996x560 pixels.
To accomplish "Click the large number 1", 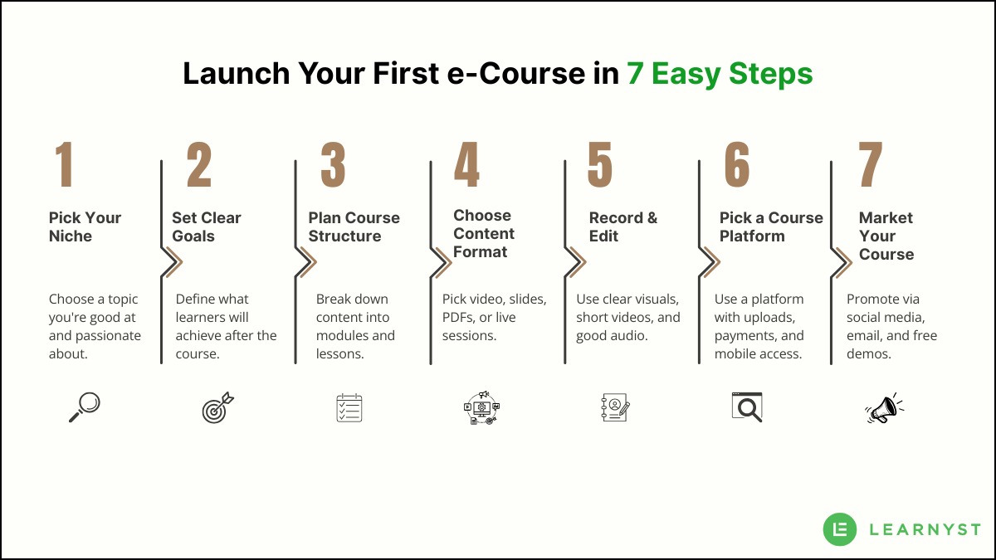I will pyautogui.click(x=65, y=164).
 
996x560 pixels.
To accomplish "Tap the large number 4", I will pyautogui.click(x=466, y=164).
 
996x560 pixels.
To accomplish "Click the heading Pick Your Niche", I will pyautogui.click(x=85, y=226).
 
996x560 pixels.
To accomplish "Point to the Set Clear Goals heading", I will pyautogui.click(x=206, y=226).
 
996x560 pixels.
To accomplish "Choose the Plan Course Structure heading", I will pyautogui.click(x=354, y=226).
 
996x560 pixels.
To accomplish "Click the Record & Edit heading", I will pyautogui.click(x=622, y=226).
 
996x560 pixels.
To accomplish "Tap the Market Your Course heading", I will pyautogui.click(x=886, y=236).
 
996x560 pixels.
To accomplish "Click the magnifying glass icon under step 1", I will pyautogui.click(x=84, y=407).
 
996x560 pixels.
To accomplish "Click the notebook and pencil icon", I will pyautogui.click(x=615, y=407).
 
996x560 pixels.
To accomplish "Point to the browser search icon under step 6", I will pyautogui.click(x=747, y=407).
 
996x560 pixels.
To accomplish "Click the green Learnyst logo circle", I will pyautogui.click(x=840, y=529).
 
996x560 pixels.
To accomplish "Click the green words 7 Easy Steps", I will pyautogui.click(x=720, y=74).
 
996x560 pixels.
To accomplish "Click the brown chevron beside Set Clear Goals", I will pyautogui.click(x=173, y=263).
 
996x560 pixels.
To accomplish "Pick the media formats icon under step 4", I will pyautogui.click(x=481, y=407).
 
